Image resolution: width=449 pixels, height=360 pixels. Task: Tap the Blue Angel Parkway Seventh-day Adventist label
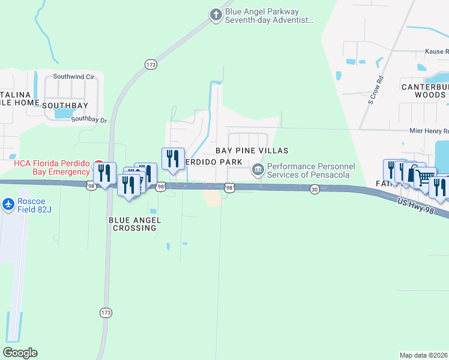(x=269, y=16)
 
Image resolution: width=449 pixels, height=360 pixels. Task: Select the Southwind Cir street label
(x=74, y=77)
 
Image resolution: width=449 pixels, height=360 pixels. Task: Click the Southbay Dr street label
(x=89, y=119)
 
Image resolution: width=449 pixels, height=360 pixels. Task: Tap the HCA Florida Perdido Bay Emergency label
(x=52, y=168)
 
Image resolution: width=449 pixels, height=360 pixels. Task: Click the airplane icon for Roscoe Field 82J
(x=8, y=205)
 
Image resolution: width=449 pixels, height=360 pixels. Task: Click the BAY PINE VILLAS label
(x=252, y=151)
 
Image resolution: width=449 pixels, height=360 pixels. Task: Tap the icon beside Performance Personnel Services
(x=258, y=170)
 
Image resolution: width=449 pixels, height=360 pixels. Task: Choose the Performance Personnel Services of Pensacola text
(x=311, y=170)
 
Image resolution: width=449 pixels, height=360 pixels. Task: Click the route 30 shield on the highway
(x=315, y=189)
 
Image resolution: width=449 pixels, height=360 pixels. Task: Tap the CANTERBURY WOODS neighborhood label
(x=425, y=91)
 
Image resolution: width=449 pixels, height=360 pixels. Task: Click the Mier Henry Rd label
(x=429, y=131)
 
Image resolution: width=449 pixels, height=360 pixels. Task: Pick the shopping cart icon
(x=425, y=176)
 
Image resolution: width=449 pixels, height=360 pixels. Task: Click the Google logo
(x=20, y=353)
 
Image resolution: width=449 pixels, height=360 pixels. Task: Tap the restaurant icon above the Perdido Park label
(x=173, y=158)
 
